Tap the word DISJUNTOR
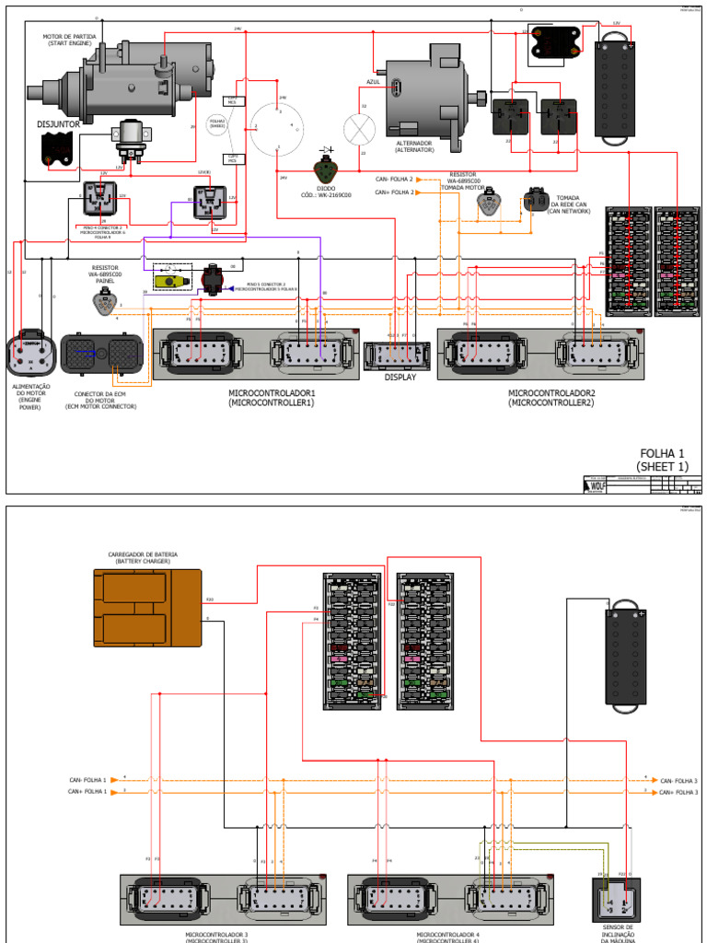click(59, 122)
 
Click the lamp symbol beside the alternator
click(355, 128)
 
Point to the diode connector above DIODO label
click(326, 171)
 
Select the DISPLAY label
click(400, 377)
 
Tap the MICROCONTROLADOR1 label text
click(272, 398)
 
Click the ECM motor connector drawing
click(101, 355)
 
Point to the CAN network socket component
click(536, 199)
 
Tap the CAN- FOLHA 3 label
click(679, 780)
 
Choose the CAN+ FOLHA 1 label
click(88, 791)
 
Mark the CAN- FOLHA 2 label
click(394, 179)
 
